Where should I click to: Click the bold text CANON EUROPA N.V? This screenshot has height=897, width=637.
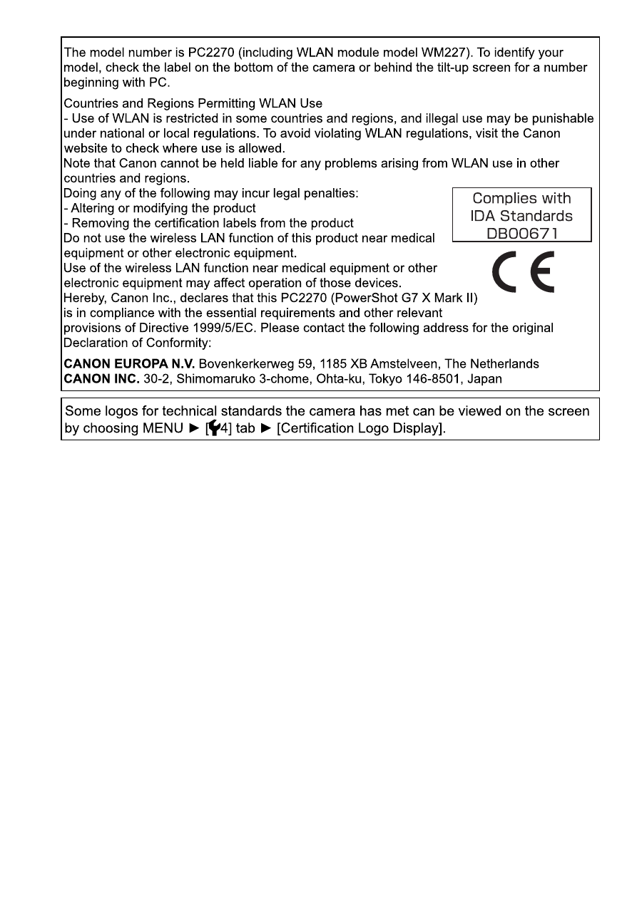(129, 364)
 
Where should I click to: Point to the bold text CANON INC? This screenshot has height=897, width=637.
(101, 379)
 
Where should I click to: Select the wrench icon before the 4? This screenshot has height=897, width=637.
(213, 429)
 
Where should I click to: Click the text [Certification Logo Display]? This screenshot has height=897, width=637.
(361, 429)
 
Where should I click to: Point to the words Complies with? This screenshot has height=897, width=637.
(522, 199)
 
